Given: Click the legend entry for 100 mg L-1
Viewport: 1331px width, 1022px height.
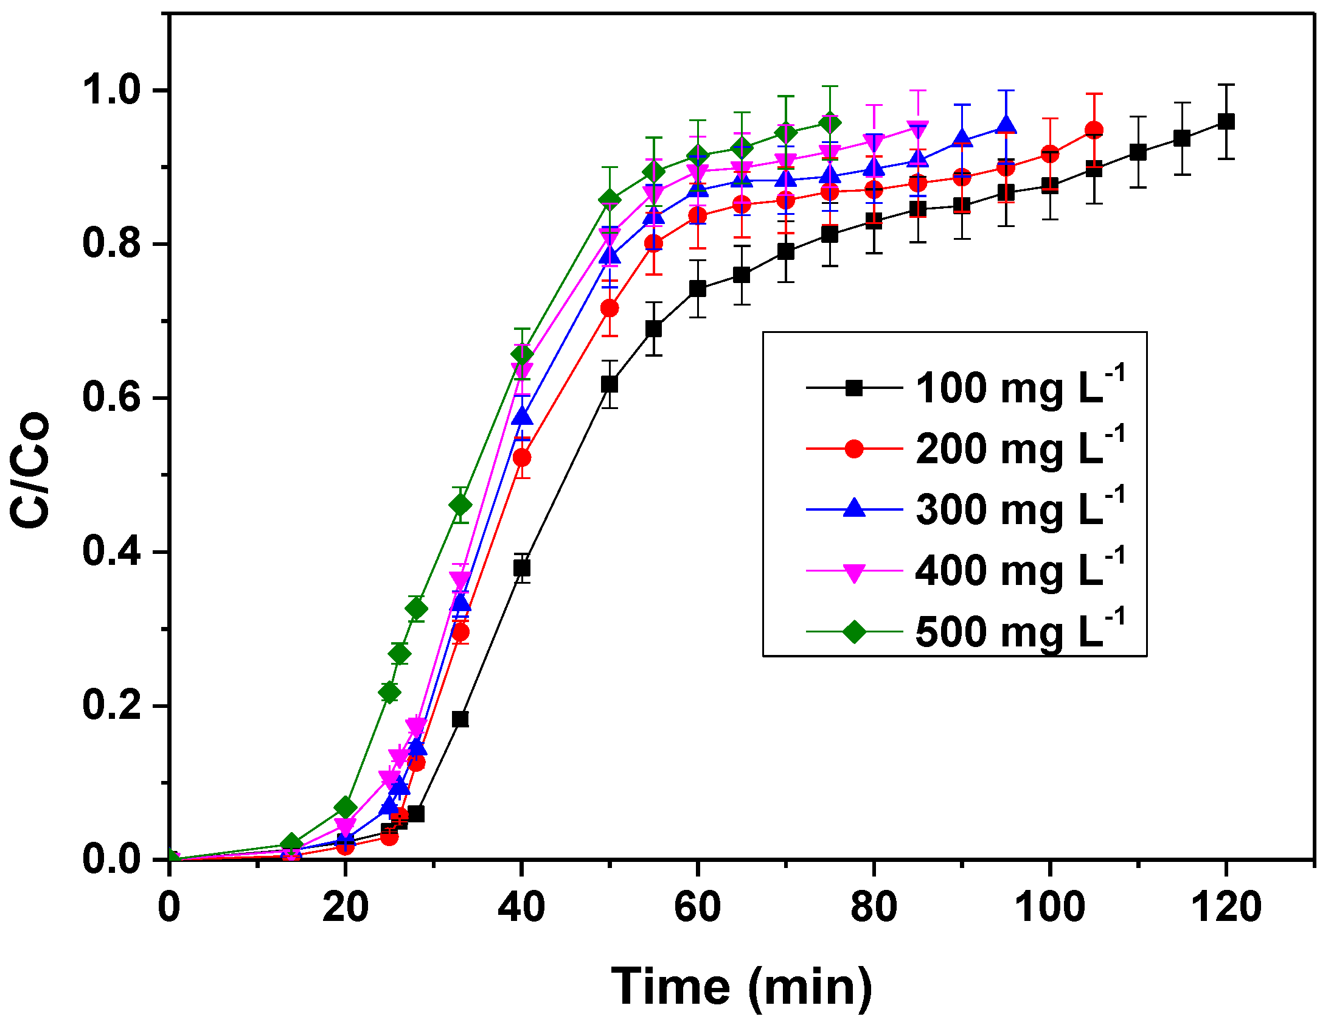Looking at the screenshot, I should (1020, 388).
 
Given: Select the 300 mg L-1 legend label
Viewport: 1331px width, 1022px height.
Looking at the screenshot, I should (1020, 509).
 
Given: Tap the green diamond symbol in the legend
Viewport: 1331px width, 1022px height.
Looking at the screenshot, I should (854, 631).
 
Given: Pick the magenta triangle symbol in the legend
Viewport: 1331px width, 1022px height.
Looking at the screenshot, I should (854, 572).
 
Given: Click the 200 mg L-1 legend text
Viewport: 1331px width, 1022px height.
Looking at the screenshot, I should (1020, 449).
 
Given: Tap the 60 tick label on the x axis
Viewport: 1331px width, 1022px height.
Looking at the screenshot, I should (697, 907).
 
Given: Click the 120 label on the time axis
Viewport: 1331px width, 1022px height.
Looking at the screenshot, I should (1225, 907).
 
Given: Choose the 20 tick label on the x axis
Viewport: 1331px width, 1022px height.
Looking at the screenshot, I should (345, 907).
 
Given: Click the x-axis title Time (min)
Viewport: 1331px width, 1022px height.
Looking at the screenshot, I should (742, 985).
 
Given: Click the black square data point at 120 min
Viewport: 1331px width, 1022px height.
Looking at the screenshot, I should (1226, 121).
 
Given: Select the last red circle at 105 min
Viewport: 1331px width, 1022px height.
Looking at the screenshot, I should (1094, 130).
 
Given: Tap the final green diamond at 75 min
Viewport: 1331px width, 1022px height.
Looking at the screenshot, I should (830, 123).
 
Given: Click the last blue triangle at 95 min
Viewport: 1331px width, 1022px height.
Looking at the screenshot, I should (1006, 125).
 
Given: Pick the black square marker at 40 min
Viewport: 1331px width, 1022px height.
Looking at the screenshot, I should (521, 568).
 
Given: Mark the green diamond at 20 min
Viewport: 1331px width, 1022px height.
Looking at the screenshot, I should (345, 807).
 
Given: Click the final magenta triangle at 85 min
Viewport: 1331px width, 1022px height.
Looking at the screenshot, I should (917, 130).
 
